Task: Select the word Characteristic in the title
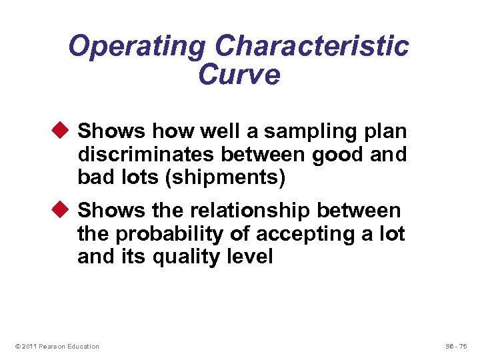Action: [312, 47]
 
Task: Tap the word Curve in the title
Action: [239, 75]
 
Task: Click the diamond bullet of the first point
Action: [64, 131]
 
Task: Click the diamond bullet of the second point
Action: [64, 211]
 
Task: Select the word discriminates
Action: [146, 155]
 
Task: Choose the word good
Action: [335, 155]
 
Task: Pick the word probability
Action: [164, 234]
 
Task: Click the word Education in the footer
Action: [83, 346]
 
